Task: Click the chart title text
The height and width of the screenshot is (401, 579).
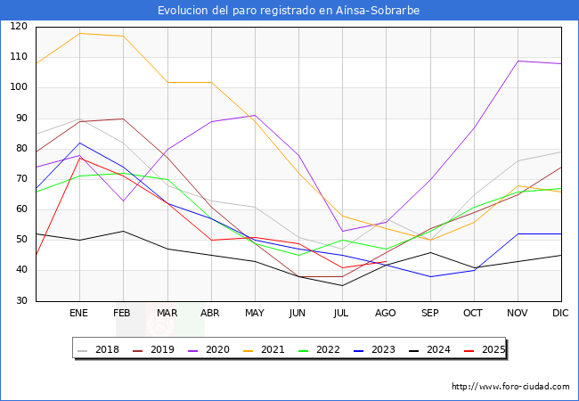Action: pyautogui.click(x=289, y=11)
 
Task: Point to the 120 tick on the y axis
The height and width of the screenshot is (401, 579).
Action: pyautogui.click(x=18, y=27)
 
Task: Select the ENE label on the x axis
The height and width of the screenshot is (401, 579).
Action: pyautogui.click(x=79, y=314)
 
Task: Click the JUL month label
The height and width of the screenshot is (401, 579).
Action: pyautogui.click(x=342, y=314)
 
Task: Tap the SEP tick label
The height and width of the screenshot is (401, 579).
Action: pyautogui.click(x=429, y=314)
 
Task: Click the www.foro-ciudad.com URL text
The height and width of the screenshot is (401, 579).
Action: pyautogui.click(x=510, y=387)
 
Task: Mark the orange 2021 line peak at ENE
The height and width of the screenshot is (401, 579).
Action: pyautogui.click(x=79, y=33)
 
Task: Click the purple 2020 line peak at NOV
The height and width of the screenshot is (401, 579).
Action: pyautogui.click(x=518, y=61)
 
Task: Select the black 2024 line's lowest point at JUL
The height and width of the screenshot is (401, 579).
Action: pyautogui.click(x=342, y=285)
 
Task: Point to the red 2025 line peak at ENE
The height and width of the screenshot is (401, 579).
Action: pyautogui.click(x=79, y=158)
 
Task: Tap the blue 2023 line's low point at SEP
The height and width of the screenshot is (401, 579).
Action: pyautogui.click(x=429, y=276)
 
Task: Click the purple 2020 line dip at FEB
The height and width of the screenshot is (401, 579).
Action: pyautogui.click(x=123, y=200)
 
